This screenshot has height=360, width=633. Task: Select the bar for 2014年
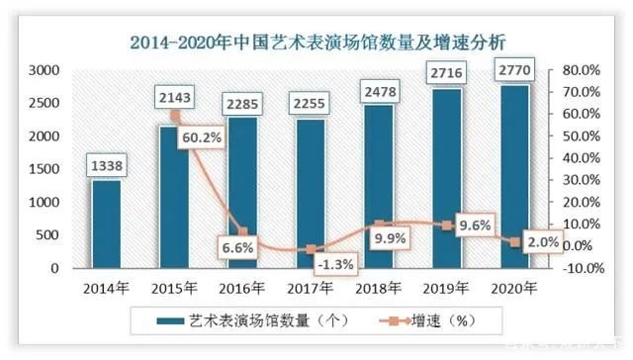(x=106, y=224)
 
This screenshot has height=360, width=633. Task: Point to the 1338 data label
(x=107, y=165)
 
